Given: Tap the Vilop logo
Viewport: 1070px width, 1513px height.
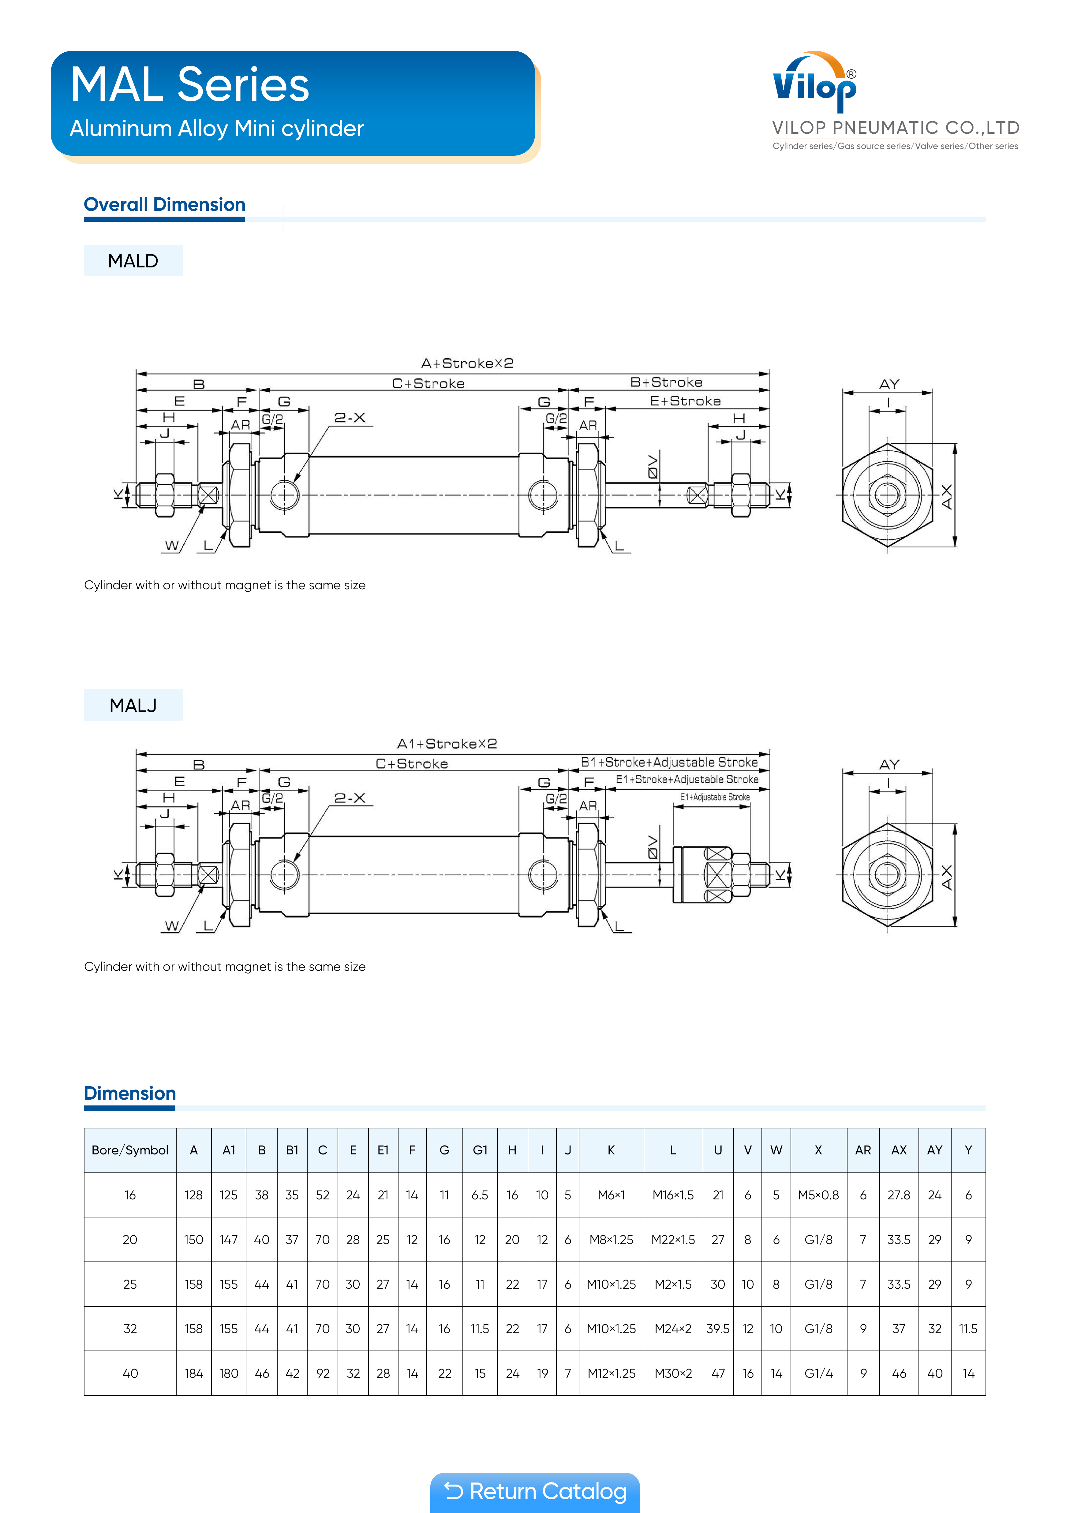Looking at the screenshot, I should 815,82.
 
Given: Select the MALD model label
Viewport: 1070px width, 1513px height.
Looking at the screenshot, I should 133,261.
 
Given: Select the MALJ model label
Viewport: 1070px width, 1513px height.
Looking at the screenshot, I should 133,706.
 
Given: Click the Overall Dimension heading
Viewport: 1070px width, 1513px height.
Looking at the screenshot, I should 165,205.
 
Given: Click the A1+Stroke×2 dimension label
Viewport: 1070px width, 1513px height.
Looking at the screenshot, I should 447,744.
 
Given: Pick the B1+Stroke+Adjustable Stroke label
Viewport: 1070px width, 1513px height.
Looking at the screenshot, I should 669,762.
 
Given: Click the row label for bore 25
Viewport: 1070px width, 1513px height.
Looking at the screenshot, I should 130,1284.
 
